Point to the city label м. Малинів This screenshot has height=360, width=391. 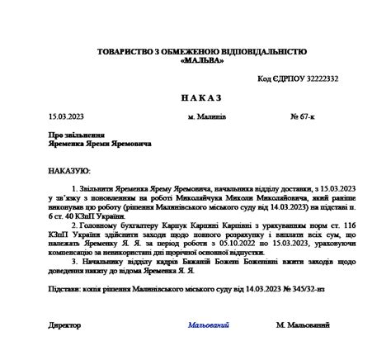[207, 117]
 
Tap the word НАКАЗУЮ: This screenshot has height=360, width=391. [69, 170]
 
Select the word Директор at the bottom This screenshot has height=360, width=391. [65, 326]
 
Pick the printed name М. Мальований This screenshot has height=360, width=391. [310, 326]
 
